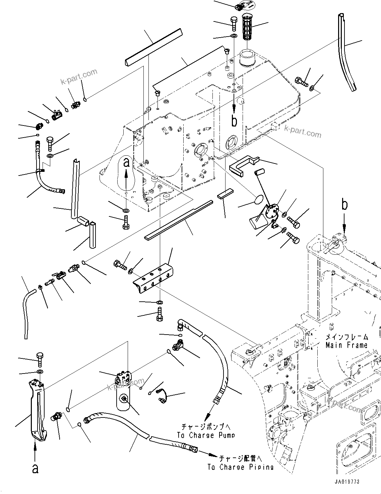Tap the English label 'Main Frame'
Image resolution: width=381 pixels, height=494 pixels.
pyautogui.click(x=346, y=345)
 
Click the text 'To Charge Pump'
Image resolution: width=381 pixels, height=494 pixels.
pyautogui.click(x=206, y=435)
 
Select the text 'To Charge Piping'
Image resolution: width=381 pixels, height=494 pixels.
pyautogui.click(x=240, y=467)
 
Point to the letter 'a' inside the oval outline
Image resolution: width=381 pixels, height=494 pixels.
pyautogui.click(x=126, y=163)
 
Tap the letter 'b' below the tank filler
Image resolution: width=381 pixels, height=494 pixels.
pyautogui.click(x=234, y=121)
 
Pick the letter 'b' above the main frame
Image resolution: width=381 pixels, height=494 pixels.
pyautogui.click(x=345, y=205)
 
